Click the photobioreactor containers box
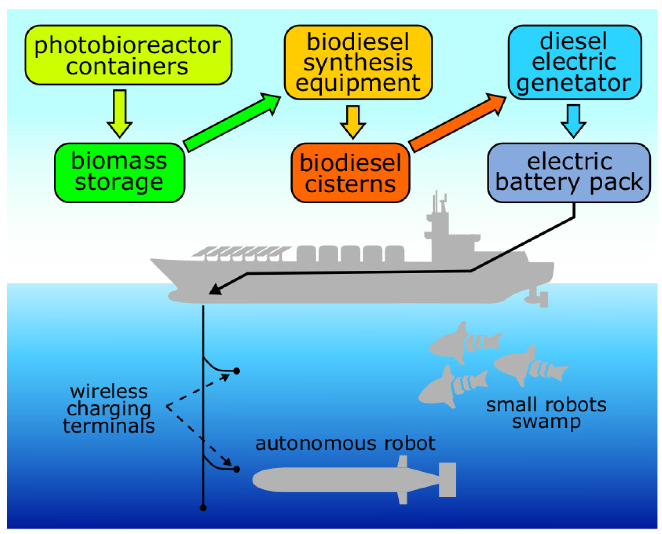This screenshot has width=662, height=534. click(x=128, y=55)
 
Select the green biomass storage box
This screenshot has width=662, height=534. click(x=119, y=173)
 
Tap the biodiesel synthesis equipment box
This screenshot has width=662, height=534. click(x=358, y=62)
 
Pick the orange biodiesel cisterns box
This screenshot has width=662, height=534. click(x=350, y=173)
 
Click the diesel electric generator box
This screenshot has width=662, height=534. click(x=574, y=62)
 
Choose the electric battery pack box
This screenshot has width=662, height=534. click(x=568, y=173)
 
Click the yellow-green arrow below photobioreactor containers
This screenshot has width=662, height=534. click(x=119, y=113)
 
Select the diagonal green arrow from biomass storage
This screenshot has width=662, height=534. click(x=232, y=122)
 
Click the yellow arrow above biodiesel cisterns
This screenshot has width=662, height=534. click(x=353, y=122)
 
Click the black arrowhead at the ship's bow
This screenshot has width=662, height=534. click(x=215, y=289)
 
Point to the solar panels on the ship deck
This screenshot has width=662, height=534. click(x=240, y=252)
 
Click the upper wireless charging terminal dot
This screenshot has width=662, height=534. click(x=237, y=371)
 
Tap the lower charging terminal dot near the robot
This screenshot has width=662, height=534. click(x=237, y=469)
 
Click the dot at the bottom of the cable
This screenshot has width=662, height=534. click(x=203, y=508)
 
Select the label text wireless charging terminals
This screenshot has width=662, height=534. click(x=109, y=409)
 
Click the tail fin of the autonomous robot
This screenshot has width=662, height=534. click(x=447, y=480)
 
